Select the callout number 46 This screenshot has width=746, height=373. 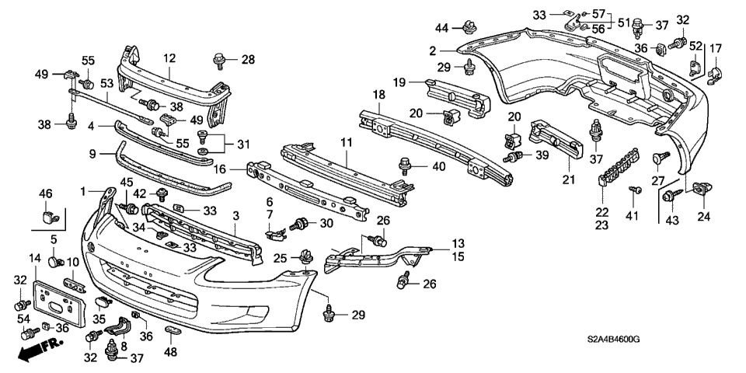coord(45,193)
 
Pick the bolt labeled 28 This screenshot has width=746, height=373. coord(218,59)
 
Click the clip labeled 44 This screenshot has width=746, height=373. coord(468,28)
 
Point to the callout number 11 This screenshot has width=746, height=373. coord(345,143)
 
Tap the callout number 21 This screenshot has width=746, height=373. coord(569,180)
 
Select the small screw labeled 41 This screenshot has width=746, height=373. coord(634,189)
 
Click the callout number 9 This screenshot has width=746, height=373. coord(92,154)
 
